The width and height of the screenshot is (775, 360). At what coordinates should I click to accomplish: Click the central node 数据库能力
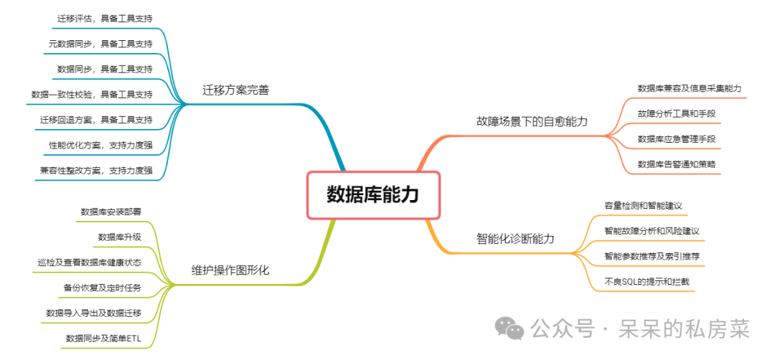372,194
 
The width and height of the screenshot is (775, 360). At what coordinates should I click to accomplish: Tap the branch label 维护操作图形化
230,270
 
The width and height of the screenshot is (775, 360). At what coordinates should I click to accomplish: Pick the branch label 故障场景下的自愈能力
532,121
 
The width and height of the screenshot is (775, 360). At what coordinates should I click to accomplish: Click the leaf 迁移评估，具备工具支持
105,17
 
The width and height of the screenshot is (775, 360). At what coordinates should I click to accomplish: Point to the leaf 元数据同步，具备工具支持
100,43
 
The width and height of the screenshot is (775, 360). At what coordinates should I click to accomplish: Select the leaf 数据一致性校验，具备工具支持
92,94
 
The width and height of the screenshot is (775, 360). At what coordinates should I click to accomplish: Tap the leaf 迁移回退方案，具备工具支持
96,119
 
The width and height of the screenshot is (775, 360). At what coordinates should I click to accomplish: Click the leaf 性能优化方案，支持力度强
100,145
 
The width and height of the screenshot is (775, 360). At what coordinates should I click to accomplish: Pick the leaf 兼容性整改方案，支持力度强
96,170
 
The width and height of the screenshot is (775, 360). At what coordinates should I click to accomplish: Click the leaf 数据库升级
119,237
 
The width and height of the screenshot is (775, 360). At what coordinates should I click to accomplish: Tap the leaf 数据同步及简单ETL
103,338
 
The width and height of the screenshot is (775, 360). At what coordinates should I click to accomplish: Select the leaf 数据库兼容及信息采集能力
689,88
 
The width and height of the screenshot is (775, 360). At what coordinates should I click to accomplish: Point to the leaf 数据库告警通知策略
676,164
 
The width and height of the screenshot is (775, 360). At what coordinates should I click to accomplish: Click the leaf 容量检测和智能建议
642,206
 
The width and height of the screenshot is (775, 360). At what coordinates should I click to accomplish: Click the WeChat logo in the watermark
511,329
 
